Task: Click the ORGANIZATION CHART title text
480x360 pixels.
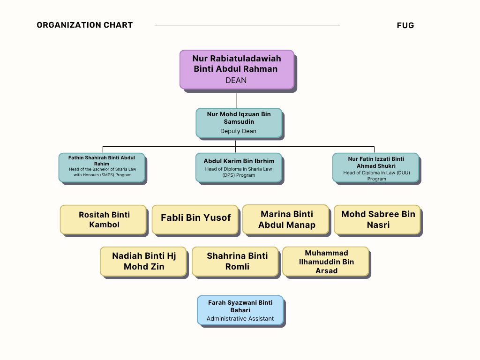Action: pos(85,25)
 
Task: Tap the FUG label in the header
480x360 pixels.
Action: pos(405,26)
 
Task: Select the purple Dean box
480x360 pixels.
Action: pos(237,69)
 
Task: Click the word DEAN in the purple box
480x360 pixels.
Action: pos(236,80)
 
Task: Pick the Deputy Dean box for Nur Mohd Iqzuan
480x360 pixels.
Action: pos(239,122)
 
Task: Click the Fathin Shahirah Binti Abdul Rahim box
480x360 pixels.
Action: pos(102,167)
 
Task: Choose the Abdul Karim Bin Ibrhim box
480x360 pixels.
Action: pos(239,167)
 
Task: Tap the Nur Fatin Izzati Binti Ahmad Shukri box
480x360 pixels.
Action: pos(375,167)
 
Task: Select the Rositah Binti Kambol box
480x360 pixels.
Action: pos(103,219)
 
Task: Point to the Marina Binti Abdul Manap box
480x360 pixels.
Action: pos(286,219)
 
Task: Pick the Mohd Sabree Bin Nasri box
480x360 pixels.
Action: pos(377,219)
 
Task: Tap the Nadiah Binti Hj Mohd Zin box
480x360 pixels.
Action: pos(143,261)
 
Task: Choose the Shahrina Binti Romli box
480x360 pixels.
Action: pos(235,261)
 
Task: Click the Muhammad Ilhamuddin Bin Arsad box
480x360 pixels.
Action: pos(326,261)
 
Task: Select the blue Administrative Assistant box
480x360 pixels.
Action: pos(240,310)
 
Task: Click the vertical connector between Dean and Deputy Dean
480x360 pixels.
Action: pos(237,100)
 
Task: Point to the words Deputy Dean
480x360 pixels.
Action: pos(238,131)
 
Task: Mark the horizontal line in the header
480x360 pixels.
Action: pos(247,25)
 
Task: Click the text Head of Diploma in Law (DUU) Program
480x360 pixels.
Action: pos(376,176)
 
